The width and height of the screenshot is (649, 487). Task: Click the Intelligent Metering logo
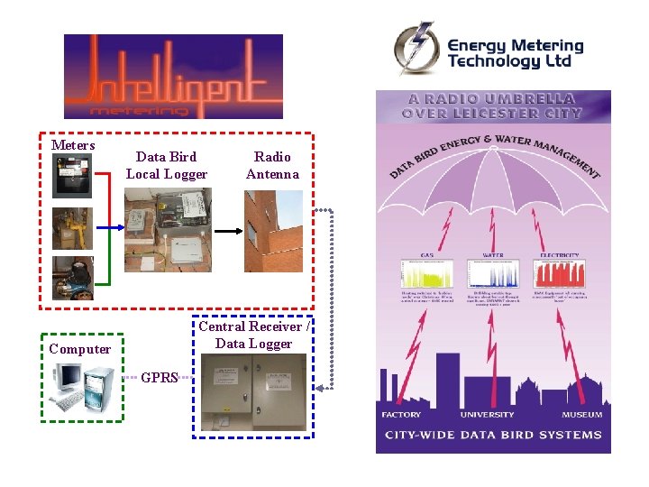tap(173, 77)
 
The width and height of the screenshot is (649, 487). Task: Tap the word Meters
tap(73, 145)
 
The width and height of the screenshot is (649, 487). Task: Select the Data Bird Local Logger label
tap(167, 165)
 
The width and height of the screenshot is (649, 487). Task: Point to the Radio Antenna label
tap(272, 165)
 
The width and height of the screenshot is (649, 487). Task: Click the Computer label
tap(80, 349)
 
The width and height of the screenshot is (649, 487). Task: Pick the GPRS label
tap(160, 378)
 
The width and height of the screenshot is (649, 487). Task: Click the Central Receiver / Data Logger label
tap(253, 335)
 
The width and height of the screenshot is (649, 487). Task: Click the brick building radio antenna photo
tap(273, 231)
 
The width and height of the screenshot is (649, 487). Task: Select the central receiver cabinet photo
tap(253, 392)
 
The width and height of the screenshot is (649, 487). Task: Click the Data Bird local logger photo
tap(168, 230)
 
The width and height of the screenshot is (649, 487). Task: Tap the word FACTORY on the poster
tap(401, 415)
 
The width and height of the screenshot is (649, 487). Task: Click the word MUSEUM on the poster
tap(581, 415)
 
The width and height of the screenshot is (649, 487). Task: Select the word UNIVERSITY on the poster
tap(488, 415)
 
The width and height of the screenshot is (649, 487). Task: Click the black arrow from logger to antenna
tap(228, 231)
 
